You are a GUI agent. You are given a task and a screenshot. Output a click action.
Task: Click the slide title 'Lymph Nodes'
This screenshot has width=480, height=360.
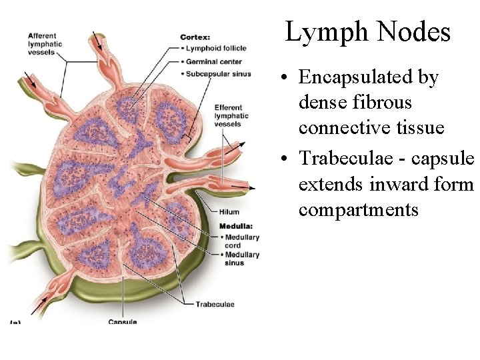368,32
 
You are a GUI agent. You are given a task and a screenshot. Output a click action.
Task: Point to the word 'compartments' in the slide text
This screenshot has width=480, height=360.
359,210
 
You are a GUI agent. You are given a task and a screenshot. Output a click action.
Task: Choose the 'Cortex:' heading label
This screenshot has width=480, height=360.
195,37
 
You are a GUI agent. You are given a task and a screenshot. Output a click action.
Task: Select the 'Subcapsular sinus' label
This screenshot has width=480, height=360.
218,73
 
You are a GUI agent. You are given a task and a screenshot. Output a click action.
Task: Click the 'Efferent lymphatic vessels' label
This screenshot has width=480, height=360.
231,115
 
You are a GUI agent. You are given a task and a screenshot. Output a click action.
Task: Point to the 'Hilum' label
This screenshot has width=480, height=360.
229,213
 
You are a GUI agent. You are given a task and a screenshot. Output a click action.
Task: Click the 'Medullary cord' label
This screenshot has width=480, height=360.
241,241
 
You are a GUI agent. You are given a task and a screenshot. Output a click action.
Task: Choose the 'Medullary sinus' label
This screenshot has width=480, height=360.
241,259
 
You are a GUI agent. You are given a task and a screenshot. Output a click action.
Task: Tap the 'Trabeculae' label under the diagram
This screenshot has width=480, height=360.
215,305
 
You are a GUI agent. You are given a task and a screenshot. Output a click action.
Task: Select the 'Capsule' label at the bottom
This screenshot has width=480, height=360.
123,322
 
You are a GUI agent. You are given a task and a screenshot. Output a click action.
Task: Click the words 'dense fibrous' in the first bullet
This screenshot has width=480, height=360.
355,103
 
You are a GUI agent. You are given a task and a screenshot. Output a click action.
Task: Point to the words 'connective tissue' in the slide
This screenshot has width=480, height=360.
371,127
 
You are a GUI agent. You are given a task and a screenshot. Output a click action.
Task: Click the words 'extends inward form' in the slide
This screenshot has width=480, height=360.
385,184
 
